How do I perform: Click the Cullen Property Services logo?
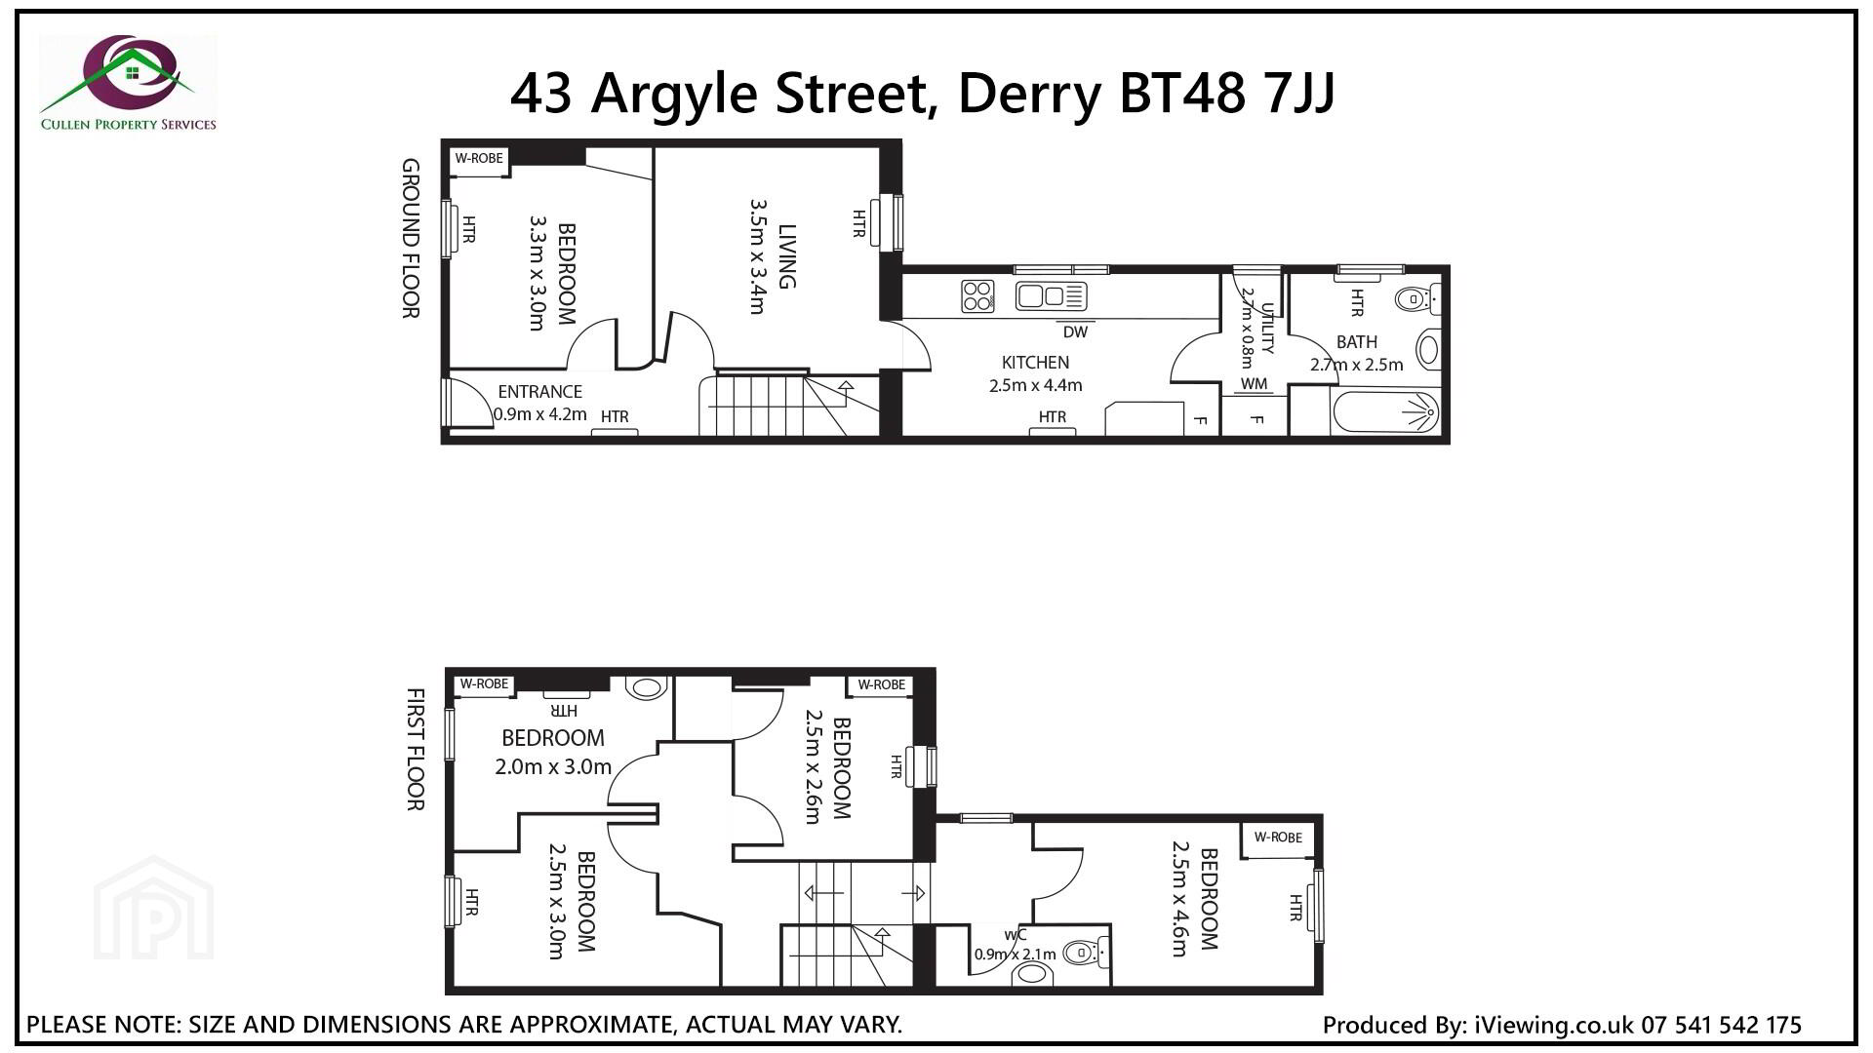click(128, 83)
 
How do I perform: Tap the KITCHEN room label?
click(1035, 363)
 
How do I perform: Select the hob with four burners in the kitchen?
click(977, 295)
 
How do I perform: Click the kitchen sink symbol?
click(1051, 295)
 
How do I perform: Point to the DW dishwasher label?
click(1075, 331)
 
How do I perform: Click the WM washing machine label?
click(1255, 383)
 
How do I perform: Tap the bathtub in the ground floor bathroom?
click(1385, 413)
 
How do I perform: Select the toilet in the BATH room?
click(1417, 298)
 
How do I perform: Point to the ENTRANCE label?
click(539, 391)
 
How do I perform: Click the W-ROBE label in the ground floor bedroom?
click(479, 158)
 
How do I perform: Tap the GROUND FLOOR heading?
click(411, 238)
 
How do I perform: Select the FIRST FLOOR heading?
click(415, 749)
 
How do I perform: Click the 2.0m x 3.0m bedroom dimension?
click(553, 766)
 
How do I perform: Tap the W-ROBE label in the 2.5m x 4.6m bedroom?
click(1278, 837)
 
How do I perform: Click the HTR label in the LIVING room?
click(858, 223)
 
